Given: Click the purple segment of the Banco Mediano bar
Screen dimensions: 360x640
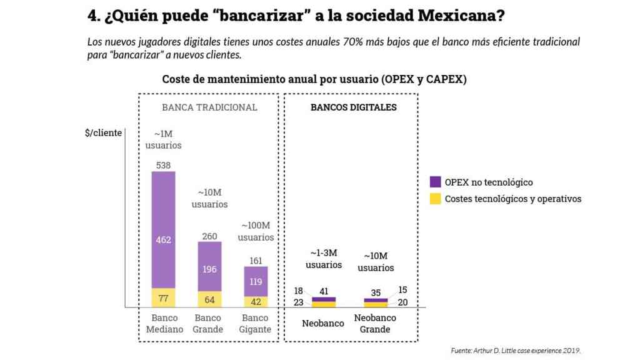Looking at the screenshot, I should pyautogui.click(x=163, y=229).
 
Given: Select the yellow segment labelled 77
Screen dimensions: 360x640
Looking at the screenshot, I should pyautogui.click(x=163, y=297).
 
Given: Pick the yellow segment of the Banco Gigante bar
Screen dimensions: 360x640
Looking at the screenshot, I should pyautogui.click(x=256, y=301).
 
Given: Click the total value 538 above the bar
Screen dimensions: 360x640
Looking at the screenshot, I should pyautogui.click(x=163, y=165).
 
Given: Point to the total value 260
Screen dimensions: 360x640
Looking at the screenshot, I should pyautogui.click(x=209, y=236).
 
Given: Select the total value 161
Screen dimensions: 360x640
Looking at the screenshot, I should pyautogui.click(x=256, y=261).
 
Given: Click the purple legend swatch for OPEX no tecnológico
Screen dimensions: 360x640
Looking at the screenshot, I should pyautogui.click(x=435, y=182).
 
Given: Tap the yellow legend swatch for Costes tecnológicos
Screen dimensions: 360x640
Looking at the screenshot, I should pyautogui.click(x=435, y=199).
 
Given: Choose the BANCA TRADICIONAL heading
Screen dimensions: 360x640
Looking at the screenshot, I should pyautogui.click(x=209, y=107).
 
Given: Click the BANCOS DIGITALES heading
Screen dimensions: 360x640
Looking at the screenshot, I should pyautogui.click(x=354, y=107).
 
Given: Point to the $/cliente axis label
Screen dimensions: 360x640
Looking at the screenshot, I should pyautogui.click(x=103, y=133).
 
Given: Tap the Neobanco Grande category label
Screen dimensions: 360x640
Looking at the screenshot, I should pyautogui.click(x=375, y=323).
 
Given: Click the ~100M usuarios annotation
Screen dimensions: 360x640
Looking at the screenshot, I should pyautogui.click(x=256, y=231).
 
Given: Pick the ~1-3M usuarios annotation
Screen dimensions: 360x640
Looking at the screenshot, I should pyautogui.click(x=324, y=259).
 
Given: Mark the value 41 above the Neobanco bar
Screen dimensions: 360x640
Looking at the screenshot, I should pyautogui.click(x=324, y=291).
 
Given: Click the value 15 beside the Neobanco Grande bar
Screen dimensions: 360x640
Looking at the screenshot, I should pyautogui.click(x=402, y=290).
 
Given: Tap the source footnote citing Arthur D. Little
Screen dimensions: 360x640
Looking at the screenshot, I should pyautogui.click(x=516, y=350).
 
